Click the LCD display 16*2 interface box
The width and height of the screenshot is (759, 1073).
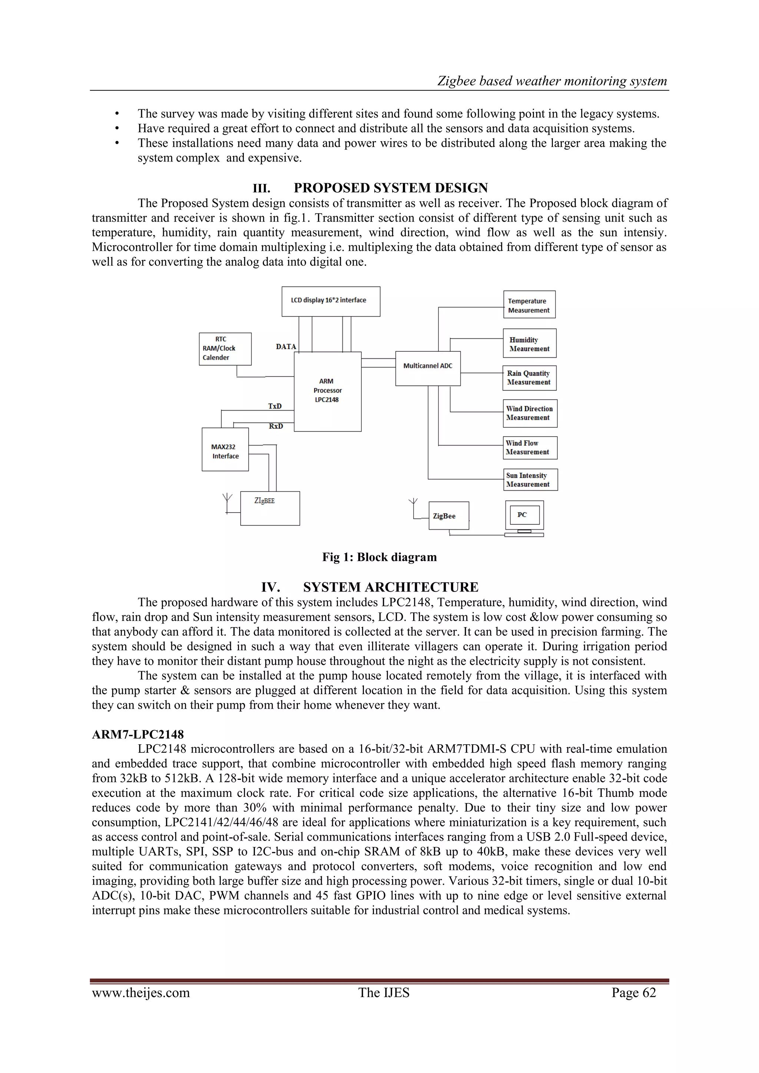[331, 301]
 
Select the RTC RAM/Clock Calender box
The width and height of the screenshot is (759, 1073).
[225, 349]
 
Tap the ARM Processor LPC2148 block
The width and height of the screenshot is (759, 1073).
[327, 391]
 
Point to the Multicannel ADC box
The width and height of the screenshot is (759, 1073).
[428, 368]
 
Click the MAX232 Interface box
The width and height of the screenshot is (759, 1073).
[225, 449]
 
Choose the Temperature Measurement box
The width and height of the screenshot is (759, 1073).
[529, 305]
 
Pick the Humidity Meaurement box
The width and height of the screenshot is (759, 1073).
[529, 344]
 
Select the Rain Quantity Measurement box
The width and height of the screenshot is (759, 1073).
[529, 378]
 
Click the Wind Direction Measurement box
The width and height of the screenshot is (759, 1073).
[530, 413]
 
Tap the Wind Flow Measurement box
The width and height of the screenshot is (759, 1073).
[530, 448]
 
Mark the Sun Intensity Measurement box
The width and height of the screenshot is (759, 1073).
[530, 480]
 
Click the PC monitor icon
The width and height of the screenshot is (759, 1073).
[524, 517]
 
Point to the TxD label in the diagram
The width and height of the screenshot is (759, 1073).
[275, 406]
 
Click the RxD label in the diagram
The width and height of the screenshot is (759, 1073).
[276, 426]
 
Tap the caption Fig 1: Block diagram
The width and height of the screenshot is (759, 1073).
[379, 557]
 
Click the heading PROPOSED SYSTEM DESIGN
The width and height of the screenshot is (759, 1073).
[390, 188]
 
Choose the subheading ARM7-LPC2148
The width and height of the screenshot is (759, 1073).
[138, 734]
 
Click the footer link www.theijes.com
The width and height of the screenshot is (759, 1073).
[141, 993]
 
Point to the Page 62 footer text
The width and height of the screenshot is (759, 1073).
[633, 993]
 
